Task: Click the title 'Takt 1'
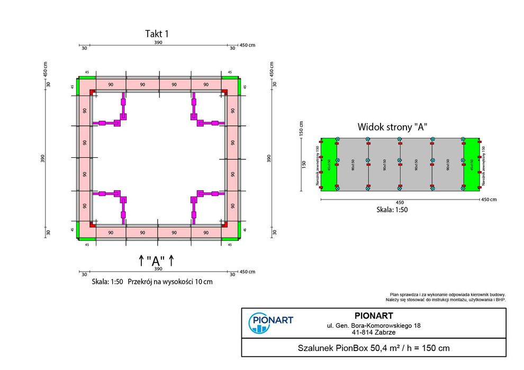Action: tap(157, 34)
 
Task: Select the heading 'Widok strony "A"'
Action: tap(392, 127)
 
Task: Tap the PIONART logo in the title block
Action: tap(270, 322)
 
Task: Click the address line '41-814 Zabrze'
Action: tap(373, 333)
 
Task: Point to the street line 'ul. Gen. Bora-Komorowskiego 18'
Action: tap(373, 326)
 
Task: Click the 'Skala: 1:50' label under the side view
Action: tap(392, 209)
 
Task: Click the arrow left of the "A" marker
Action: tap(141, 260)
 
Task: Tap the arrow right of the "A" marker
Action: tap(171, 260)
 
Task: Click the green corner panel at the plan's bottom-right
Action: tap(231, 231)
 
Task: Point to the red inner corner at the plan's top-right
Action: tap(224, 92)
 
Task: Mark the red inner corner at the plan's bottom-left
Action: tap(93, 224)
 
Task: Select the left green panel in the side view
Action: tap(329, 164)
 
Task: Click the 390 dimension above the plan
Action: tap(158, 42)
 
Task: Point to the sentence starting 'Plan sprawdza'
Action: tap(448, 294)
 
